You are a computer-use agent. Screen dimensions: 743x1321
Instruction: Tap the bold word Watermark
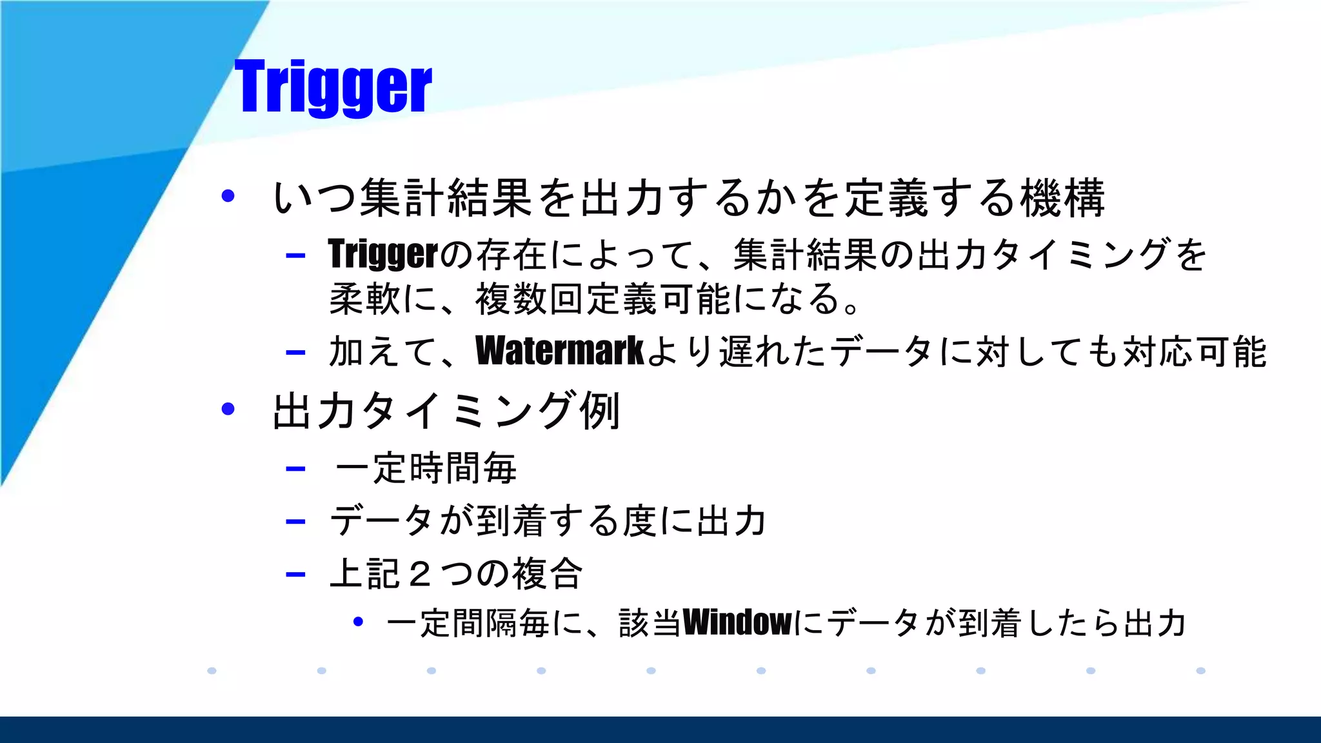(559, 352)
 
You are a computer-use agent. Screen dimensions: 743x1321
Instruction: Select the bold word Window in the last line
(737, 623)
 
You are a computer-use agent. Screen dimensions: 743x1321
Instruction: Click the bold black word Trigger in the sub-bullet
(382, 254)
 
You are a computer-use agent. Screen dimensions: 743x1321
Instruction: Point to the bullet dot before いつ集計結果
(228, 196)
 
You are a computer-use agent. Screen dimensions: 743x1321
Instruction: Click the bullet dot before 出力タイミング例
(228, 409)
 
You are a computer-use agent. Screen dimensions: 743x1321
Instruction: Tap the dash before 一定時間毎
(295, 469)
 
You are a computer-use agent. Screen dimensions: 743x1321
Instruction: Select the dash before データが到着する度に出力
(295, 521)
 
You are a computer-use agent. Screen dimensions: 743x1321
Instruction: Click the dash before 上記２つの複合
(295, 574)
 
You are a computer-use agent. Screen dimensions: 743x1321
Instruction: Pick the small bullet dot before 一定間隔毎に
(359, 622)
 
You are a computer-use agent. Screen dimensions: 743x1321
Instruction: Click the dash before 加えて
(295, 352)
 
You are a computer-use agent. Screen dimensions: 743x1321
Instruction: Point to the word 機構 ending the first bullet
(1063, 198)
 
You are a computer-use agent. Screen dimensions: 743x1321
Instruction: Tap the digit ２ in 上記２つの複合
(419, 574)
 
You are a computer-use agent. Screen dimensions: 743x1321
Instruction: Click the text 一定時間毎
(426, 469)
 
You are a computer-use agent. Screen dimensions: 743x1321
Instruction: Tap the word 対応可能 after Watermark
(1194, 352)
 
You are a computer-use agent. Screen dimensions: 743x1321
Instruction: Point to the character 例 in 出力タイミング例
(600, 411)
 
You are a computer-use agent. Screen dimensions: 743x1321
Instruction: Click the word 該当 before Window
(650, 623)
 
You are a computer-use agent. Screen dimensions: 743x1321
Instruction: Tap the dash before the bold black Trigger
(295, 255)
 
